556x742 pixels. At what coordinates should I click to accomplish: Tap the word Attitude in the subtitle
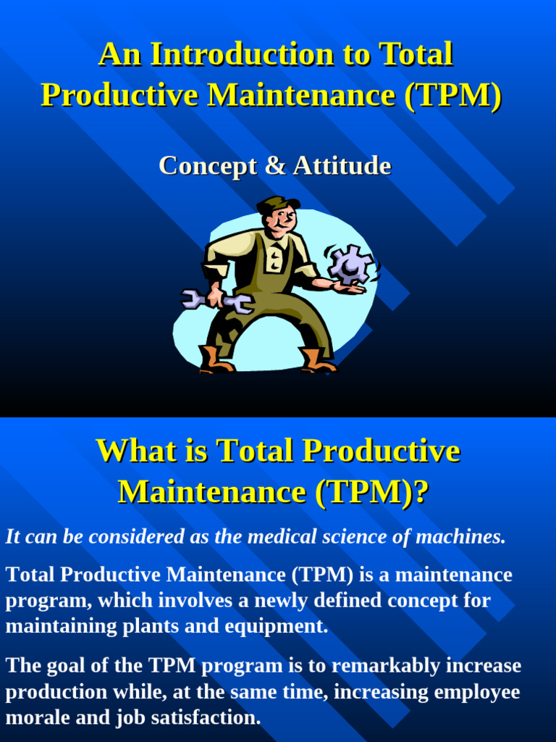(342, 166)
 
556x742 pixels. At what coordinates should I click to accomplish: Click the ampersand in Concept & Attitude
(275, 166)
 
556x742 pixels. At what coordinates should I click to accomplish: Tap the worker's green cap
(277, 204)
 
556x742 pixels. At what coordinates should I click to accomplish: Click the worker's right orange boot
(317, 360)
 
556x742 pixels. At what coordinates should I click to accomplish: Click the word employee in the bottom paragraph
(477, 692)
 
